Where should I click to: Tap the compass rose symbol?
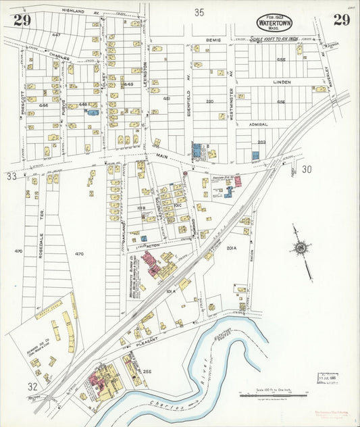[301, 249]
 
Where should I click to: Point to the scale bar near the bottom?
[273, 393]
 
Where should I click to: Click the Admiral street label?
[259, 124]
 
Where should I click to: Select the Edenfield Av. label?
[188, 100]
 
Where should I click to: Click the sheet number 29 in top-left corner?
[22, 20]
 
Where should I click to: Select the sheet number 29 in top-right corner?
[341, 20]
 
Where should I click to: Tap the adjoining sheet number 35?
[199, 11]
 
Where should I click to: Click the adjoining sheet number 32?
[32, 386]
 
